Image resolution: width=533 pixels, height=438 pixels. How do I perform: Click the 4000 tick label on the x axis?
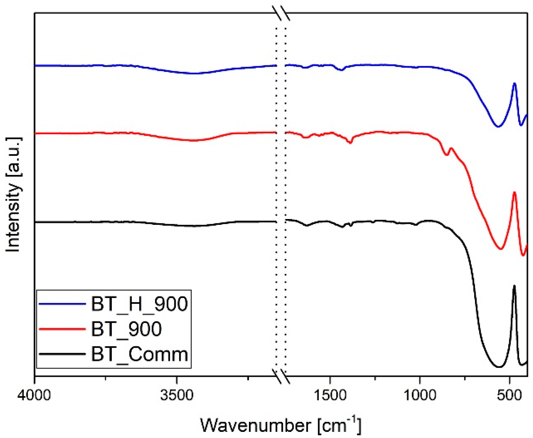(34, 395)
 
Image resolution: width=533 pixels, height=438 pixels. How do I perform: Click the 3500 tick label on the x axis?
(176, 395)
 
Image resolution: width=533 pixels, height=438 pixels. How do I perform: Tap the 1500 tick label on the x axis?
(330, 395)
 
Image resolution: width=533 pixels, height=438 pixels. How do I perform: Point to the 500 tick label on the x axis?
(509, 395)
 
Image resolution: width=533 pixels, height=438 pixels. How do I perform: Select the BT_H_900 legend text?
(139, 303)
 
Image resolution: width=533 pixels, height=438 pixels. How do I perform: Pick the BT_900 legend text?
(126, 329)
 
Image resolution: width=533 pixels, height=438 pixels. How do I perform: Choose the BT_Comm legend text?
(139, 354)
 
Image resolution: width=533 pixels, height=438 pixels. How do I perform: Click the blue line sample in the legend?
(62, 304)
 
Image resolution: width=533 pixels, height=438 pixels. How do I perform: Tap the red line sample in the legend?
(62, 329)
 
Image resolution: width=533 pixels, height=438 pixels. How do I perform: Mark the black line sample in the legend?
(62, 354)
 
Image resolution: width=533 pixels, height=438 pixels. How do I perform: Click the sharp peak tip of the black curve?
(514, 286)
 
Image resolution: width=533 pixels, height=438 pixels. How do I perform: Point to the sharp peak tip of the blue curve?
(514, 83)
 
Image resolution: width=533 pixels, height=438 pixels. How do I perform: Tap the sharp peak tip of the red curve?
(514, 192)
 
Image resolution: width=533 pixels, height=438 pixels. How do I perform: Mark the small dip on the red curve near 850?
(446, 155)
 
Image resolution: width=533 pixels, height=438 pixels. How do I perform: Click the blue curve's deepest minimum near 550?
(498, 127)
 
